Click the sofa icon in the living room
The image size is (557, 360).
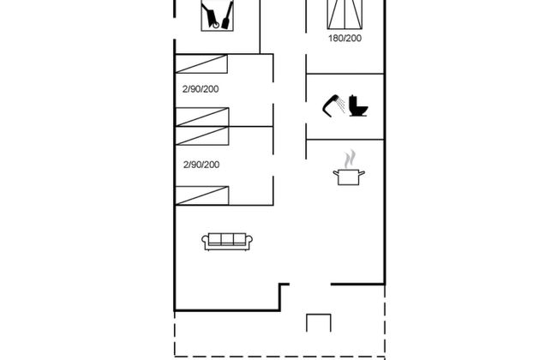click(227, 242)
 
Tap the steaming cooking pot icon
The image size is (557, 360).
click(349, 168)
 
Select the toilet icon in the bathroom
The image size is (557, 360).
click(358, 105)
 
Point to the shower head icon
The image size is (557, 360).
click(331, 105)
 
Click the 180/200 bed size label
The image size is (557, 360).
click(345, 39)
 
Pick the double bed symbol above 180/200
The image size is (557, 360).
click(345, 15)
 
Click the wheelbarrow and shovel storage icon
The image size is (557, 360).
click(217, 15)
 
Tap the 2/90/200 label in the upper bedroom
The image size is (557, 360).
click(201, 89)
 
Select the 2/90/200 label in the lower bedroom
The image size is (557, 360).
click(201, 165)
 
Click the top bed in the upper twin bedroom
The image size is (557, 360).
click(201, 64)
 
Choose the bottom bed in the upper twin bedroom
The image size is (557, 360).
click(202, 117)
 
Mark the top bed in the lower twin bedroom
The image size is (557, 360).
click(202, 135)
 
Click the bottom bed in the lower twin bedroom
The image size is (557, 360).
click(202, 195)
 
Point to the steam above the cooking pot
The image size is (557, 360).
click(350, 159)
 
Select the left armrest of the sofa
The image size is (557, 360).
click(205, 242)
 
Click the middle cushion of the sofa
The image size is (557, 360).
click(227, 238)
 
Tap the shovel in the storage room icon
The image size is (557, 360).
click(227, 15)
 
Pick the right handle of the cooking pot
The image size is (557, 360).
click(362, 173)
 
